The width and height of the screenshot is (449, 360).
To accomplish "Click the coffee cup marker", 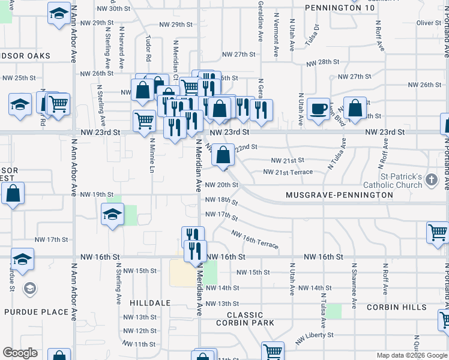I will (318, 110).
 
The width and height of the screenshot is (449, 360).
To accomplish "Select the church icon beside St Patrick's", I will (431, 179).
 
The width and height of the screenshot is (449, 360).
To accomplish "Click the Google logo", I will (20, 353).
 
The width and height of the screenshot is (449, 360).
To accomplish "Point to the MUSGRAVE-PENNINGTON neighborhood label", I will (340, 195).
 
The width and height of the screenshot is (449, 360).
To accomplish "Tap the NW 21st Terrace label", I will (288, 172).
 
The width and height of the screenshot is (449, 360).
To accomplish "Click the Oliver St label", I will (429, 23).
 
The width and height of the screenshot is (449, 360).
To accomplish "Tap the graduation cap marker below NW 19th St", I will (112, 215).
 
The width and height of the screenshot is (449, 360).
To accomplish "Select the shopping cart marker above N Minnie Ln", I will (144, 121).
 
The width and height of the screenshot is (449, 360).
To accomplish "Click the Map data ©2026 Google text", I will (411, 355).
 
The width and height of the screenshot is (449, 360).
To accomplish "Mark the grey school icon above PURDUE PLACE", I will (29, 289).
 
